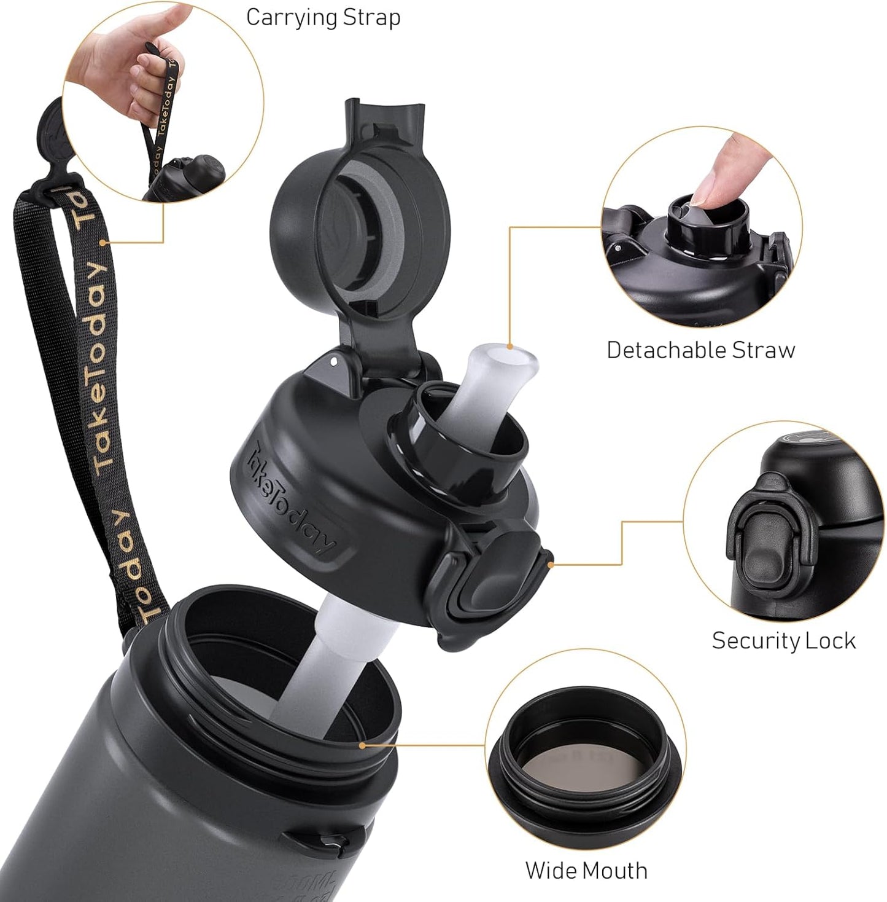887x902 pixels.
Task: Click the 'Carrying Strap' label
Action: (x=323, y=17)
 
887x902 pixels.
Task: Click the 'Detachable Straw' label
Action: (x=700, y=350)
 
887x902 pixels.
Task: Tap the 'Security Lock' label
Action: (x=783, y=640)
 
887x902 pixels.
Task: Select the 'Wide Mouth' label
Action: (x=586, y=870)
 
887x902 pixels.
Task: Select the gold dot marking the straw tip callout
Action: (x=509, y=347)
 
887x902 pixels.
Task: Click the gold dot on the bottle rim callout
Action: (x=362, y=745)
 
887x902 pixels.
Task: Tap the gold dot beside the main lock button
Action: (x=551, y=561)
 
